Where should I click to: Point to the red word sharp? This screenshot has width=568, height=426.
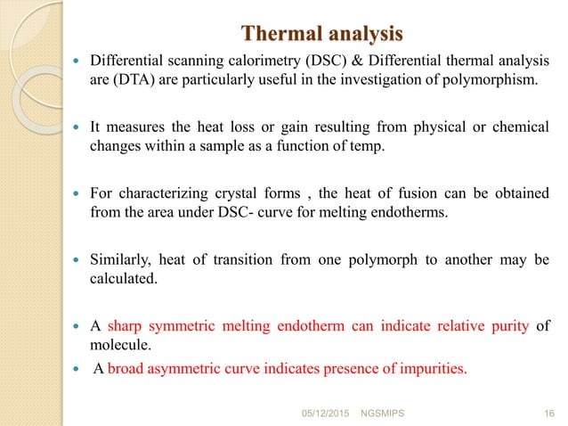tap(126, 325)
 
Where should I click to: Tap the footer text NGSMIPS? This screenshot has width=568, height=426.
tap(379, 414)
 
